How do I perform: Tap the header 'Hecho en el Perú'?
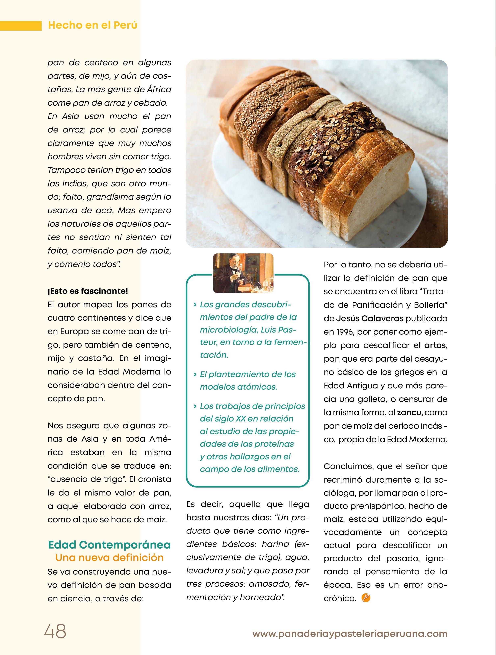pyautogui.click(x=93, y=25)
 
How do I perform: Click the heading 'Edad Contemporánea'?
pyautogui.click(x=109, y=545)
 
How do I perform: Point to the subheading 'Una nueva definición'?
pyautogui.click(x=109, y=558)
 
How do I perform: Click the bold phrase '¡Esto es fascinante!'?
pyautogui.click(x=88, y=291)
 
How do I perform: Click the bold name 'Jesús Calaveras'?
pyautogui.click(x=370, y=319)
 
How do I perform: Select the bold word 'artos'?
pyautogui.click(x=435, y=345)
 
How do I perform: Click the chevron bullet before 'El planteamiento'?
pyautogui.click(x=195, y=374)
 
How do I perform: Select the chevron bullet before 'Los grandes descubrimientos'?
pyautogui.click(x=195, y=305)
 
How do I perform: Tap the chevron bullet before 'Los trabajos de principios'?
pyautogui.click(x=195, y=406)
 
